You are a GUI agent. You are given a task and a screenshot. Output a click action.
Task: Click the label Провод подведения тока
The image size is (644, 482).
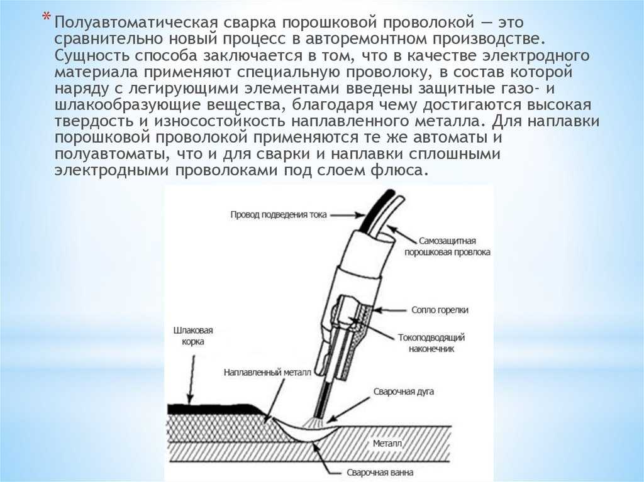279,214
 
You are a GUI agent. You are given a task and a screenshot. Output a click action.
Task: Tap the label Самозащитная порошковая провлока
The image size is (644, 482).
447,246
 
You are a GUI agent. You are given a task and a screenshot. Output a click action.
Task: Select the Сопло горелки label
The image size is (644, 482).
440,310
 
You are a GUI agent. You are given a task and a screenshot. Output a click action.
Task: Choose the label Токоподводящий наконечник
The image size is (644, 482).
431,343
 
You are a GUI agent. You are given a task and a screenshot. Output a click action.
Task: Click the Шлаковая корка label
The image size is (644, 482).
193,336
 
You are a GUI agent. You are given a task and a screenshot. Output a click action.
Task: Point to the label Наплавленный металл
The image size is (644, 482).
267,373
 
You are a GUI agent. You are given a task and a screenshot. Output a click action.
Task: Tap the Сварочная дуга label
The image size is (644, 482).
403,392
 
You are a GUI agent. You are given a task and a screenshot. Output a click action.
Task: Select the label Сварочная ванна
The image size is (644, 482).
380,473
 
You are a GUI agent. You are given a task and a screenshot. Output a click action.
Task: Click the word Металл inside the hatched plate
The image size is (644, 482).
387,444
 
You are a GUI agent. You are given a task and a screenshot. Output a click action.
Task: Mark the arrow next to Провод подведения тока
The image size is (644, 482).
347,214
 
